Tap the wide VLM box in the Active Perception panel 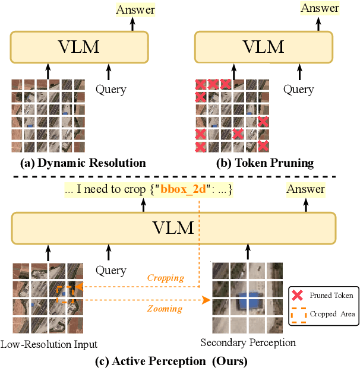pos(173,228)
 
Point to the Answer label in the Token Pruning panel pos(320,8)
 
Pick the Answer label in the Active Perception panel pos(306,189)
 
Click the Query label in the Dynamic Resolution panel pos(111,90)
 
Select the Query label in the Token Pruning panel pos(298,90)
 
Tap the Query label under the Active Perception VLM pos(111,271)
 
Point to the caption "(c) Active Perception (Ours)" pos(172,360)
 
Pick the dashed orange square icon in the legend pos(297,314)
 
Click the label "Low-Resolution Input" pos(49,344)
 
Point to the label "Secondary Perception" pos(248,342)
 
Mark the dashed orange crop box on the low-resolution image pos(64,295)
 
